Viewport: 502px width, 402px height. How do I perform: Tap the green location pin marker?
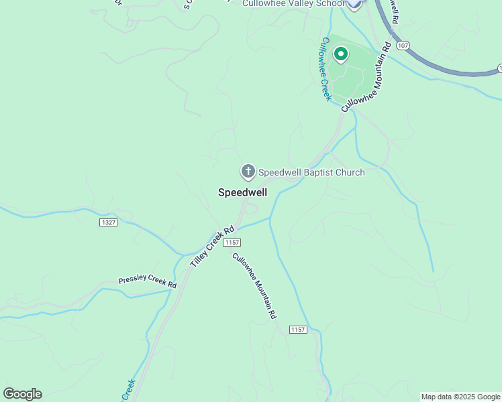[x=340, y=54]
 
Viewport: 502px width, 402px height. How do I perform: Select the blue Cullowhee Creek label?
[x=325, y=69]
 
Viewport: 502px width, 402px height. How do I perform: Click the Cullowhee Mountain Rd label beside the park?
[x=366, y=77]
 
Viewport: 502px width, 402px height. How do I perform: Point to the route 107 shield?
[x=402, y=44]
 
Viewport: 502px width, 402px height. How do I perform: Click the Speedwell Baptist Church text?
[x=311, y=172]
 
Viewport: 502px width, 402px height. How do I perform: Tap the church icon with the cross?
[x=248, y=172]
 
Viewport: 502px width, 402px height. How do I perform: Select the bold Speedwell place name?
[x=242, y=192]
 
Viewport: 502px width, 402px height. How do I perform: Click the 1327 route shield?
[x=107, y=222]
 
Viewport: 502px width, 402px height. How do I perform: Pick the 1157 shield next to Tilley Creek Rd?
[x=233, y=242]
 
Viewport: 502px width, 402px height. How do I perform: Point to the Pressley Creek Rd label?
[x=147, y=282]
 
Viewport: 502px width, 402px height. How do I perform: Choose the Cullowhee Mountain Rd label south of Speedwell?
[x=254, y=285]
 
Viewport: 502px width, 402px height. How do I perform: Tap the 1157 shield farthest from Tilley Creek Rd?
[x=299, y=329]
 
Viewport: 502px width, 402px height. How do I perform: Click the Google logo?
[x=22, y=393]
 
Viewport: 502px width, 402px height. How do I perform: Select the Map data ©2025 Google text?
[x=460, y=397]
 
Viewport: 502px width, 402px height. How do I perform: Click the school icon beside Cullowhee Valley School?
[x=354, y=4]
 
